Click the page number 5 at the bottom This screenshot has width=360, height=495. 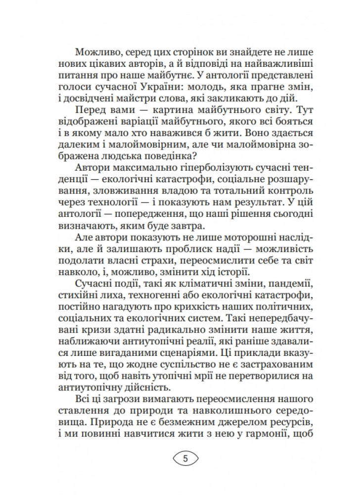[185, 457]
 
